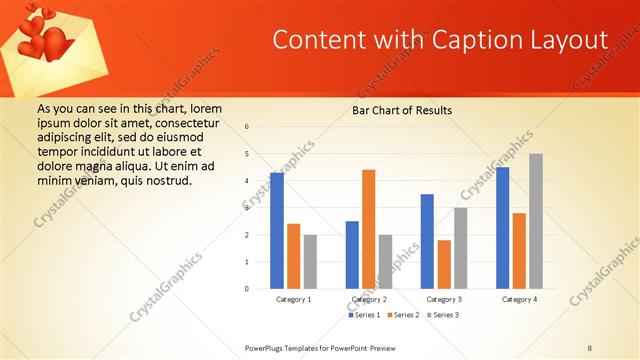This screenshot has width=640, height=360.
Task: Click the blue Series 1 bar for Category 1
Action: pyautogui.click(x=277, y=231)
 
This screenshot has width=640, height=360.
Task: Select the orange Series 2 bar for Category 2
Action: pyautogui.click(x=368, y=229)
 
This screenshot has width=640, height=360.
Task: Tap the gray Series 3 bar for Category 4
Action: pyautogui.click(x=536, y=221)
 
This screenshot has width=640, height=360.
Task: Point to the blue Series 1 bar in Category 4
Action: pyautogui.click(x=502, y=228)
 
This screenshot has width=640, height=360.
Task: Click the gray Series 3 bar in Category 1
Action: pyautogui.click(x=310, y=262)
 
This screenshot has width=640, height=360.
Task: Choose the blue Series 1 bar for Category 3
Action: pyautogui.click(x=427, y=241)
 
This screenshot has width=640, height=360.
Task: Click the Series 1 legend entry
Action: pyautogui.click(x=362, y=315)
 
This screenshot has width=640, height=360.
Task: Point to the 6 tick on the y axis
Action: pyautogui.click(x=247, y=127)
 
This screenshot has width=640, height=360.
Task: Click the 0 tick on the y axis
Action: pyautogui.click(x=247, y=289)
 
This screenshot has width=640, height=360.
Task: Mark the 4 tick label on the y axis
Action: pyautogui.click(x=247, y=181)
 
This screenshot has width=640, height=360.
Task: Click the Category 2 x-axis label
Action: pyautogui.click(x=369, y=299)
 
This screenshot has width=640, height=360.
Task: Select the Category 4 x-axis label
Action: pyautogui.click(x=519, y=299)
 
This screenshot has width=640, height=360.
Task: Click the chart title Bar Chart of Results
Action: pyautogui.click(x=401, y=109)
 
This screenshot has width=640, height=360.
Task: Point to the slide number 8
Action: pyautogui.click(x=590, y=347)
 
